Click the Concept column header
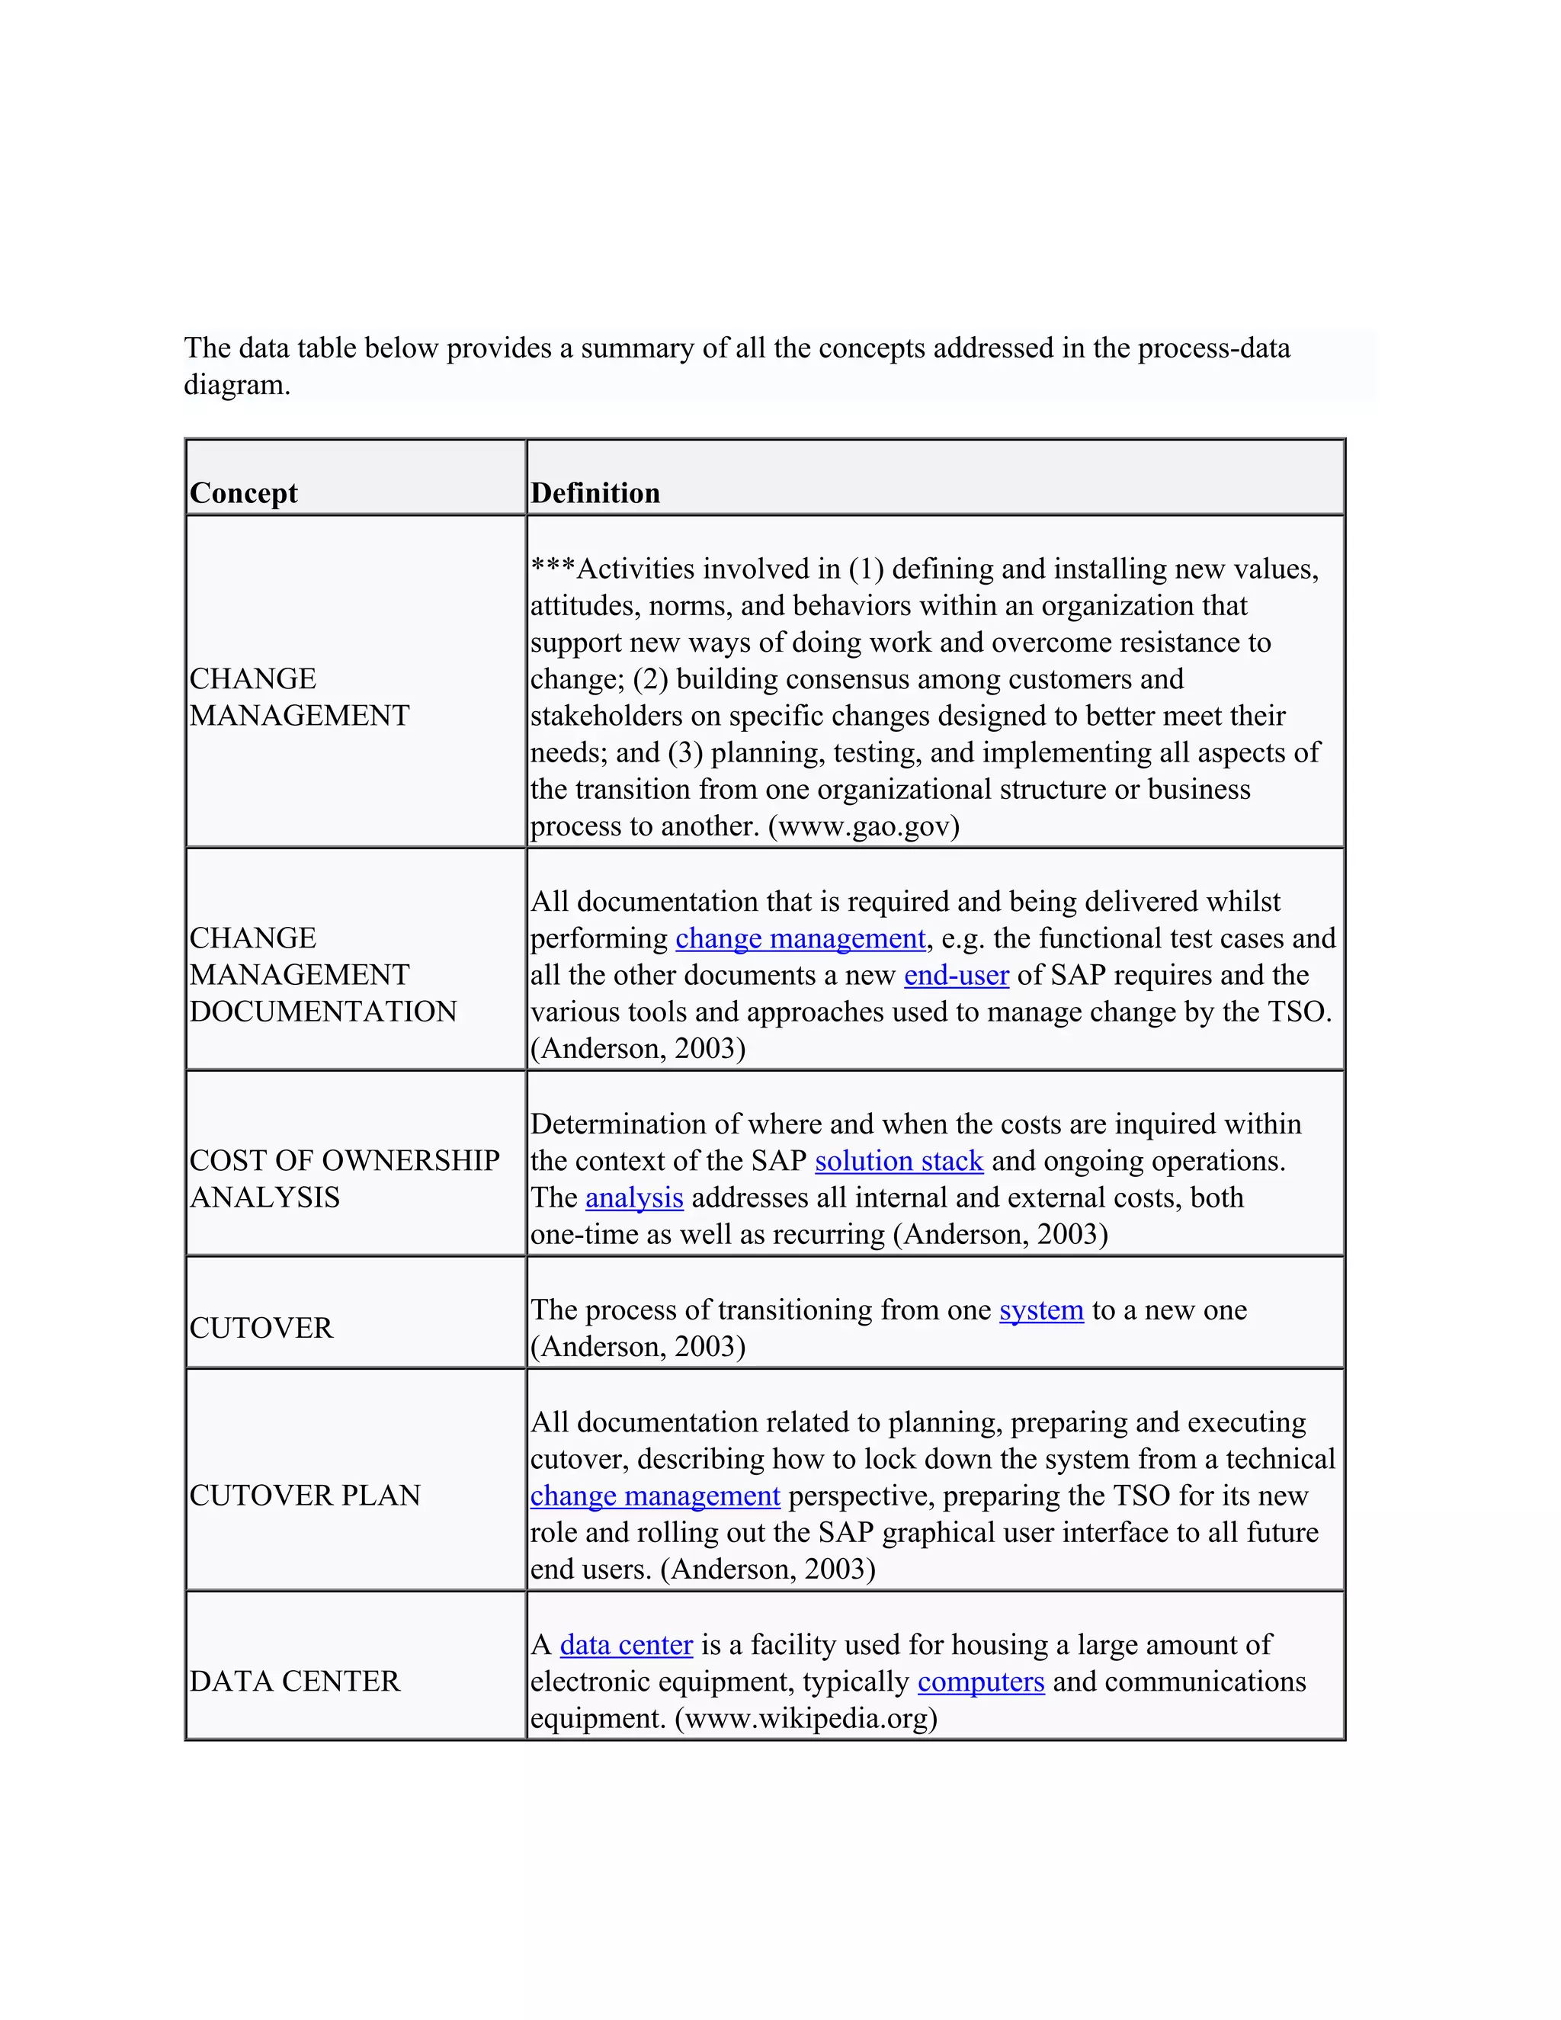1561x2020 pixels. tap(243, 493)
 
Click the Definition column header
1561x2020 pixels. tap(595, 493)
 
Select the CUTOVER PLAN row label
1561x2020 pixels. tap(304, 1495)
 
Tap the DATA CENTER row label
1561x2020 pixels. tap(294, 1681)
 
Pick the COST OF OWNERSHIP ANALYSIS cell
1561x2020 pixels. tap(344, 1178)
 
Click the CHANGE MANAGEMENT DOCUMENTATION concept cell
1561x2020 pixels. tap(322, 974)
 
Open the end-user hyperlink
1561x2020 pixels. tap(955, 975)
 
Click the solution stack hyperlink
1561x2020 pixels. tap(898, 1161)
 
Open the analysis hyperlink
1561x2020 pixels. tap(633, 1198)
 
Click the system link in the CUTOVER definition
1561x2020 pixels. tap(1040, 1310)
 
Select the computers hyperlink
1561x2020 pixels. tap(980, 1682)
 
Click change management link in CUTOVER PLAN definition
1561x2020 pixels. tap(655, 1496)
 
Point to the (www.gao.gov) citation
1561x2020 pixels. tap(864, 826)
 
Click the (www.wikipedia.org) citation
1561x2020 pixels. tap(806, 1718)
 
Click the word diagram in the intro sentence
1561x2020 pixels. tap(237, 385)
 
